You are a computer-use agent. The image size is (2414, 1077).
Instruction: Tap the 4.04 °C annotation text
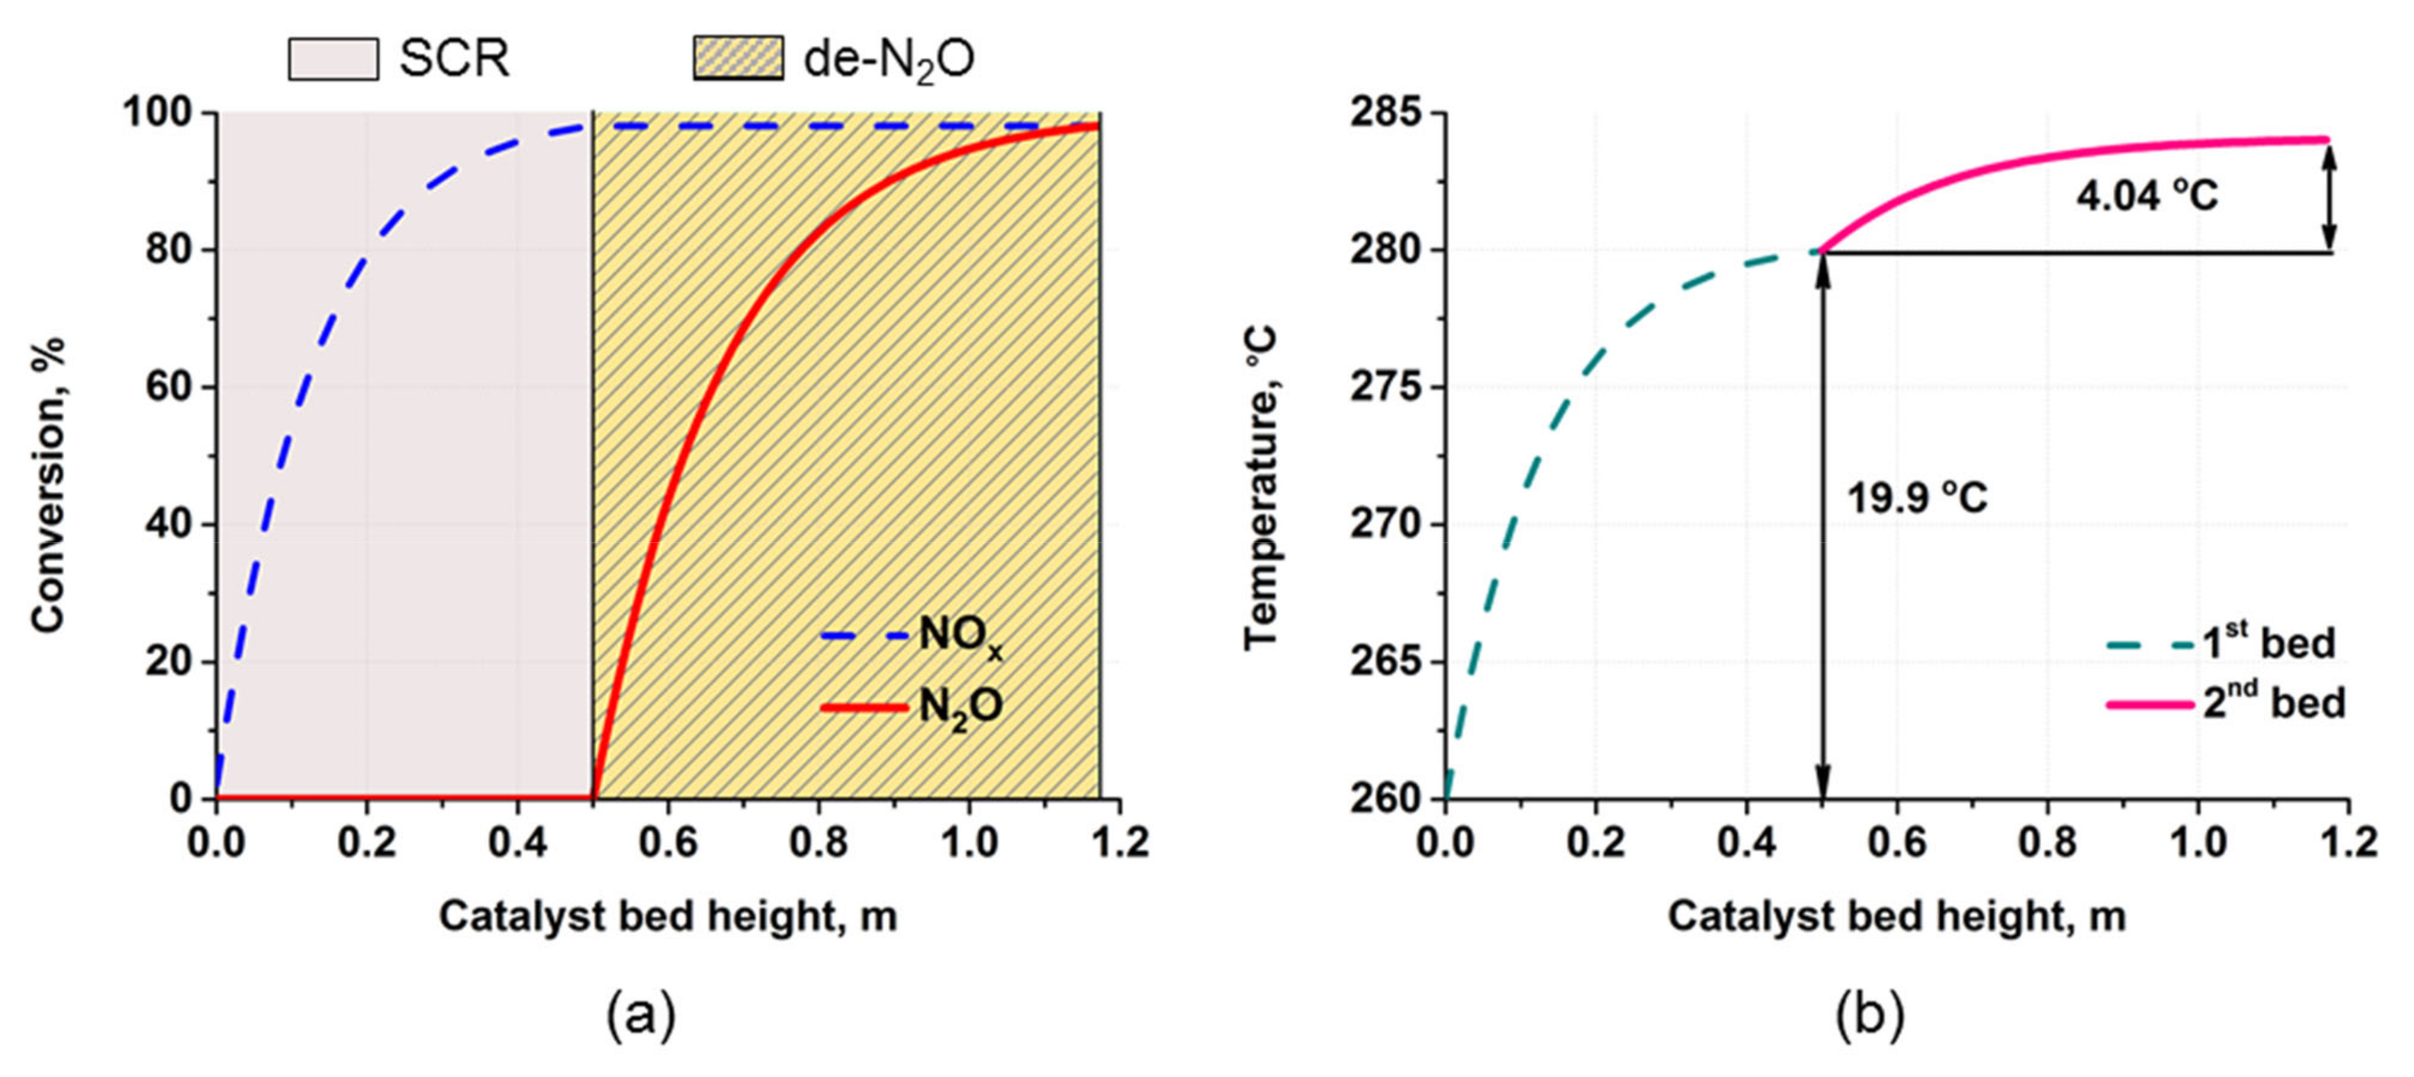coord(2147,196)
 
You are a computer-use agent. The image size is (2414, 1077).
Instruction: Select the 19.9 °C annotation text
coord(1916,497)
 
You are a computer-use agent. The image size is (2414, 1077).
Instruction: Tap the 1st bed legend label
coord(2268,643)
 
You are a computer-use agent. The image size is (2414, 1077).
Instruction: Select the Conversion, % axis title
coord(49,485)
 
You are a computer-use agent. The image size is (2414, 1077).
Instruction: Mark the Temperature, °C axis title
coord(1260,487)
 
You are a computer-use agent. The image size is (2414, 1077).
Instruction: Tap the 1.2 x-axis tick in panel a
coord(1120,842)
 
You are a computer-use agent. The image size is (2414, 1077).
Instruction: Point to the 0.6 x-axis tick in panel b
coord(1897,842)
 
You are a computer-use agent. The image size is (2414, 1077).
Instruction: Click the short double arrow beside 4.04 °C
coord(2331,196)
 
